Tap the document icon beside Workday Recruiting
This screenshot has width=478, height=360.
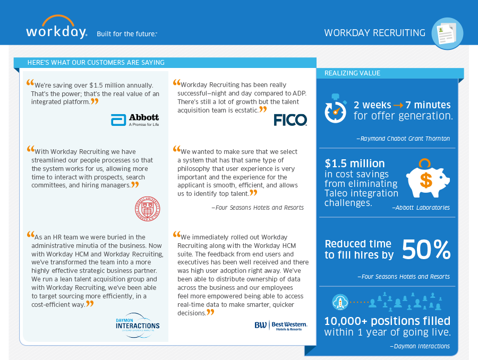coord(447,33)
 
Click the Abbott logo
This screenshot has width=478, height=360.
coord(135,120)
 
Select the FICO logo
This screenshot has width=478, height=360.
coord(290,120)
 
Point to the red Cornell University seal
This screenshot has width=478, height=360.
coord(147,208)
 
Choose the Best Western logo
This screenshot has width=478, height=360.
coord(280,325)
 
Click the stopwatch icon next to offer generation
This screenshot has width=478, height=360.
coord(336,109)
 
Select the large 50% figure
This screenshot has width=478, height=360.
coord(426,249)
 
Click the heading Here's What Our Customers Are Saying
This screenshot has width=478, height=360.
coord(96,63)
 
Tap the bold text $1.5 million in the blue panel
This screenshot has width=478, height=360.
coord(355,164)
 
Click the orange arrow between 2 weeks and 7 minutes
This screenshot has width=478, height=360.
coord(396,105)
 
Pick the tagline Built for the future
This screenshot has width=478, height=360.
coord(126,34)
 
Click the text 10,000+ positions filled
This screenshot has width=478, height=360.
coord(387,321)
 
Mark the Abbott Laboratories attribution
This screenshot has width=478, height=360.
coord(421,208)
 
